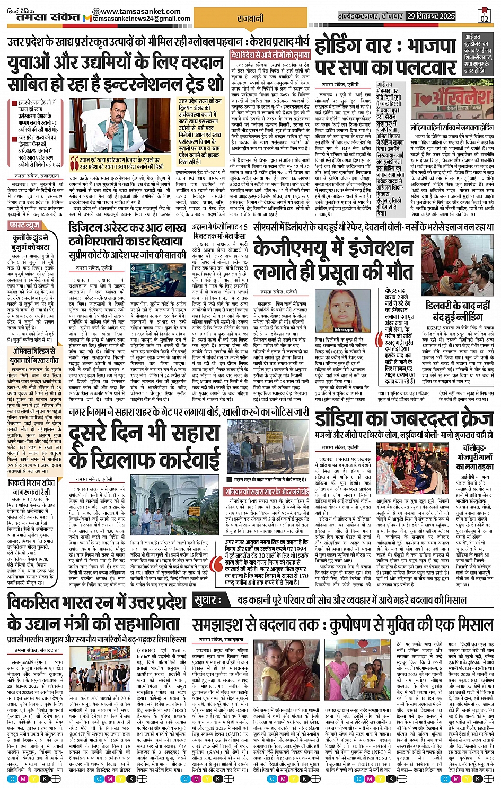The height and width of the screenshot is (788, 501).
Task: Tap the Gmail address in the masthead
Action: (x=142, y=19)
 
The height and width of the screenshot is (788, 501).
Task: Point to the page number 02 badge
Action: (x=484, y=15)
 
